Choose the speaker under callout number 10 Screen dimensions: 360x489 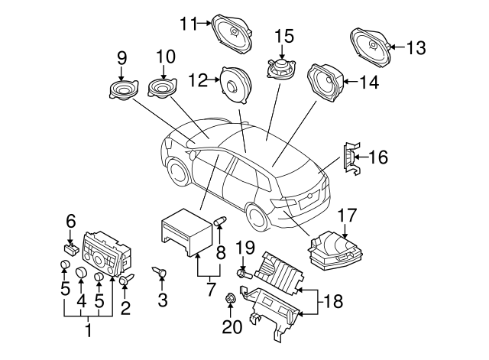click(163, 89)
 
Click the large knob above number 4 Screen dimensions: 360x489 click(80, 269)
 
